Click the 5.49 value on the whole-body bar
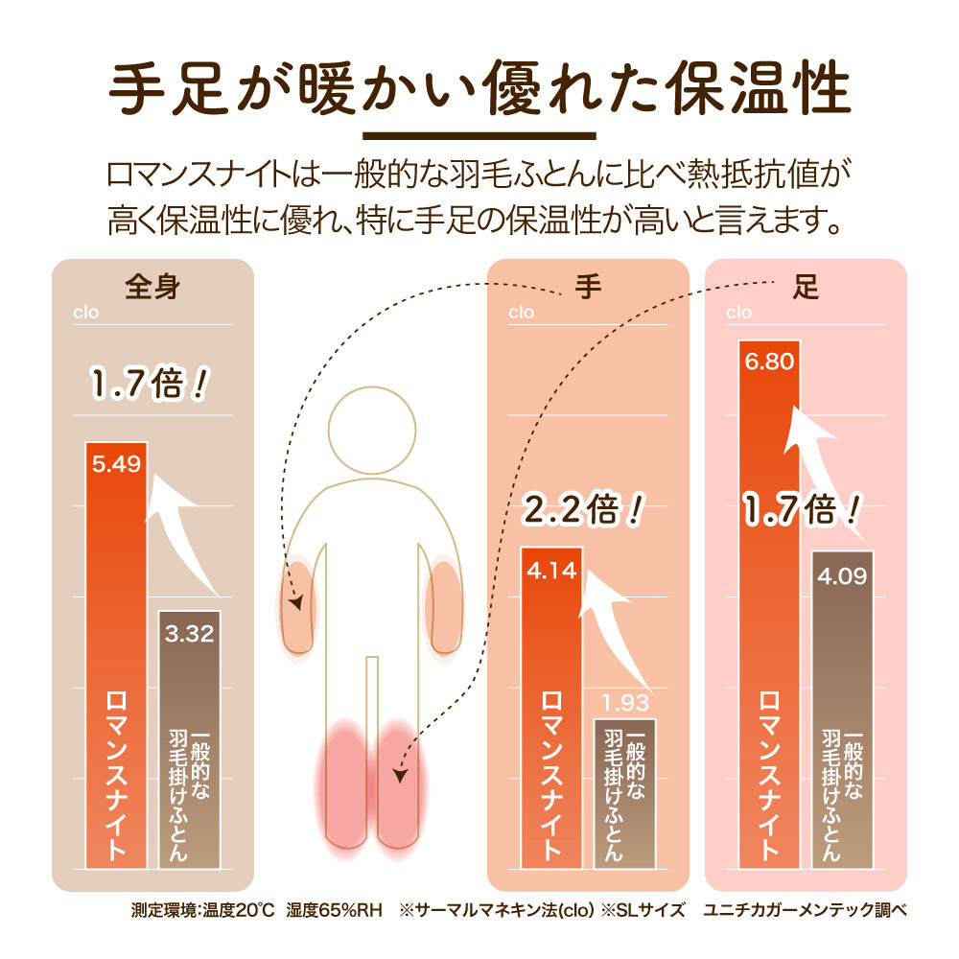point(116,465)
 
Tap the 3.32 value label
point(189,633)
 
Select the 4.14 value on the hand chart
point(550,571)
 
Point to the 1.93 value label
point(624,703)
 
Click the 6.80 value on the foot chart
point(768,363)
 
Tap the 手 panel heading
point(588,287)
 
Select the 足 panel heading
point(807,287)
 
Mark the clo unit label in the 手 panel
point(521,312)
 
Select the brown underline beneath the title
point(479,135)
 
